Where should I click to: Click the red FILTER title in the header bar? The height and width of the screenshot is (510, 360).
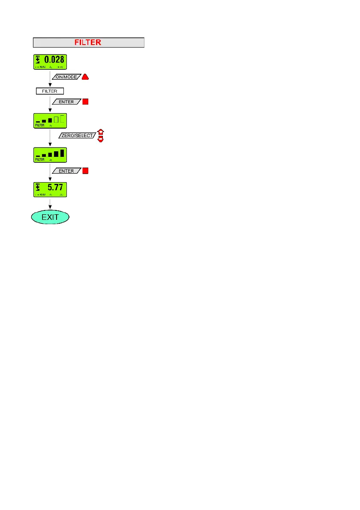coord(88,42)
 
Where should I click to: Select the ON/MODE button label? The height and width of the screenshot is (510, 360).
coord(66,78)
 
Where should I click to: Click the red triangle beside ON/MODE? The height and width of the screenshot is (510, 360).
coord(85,77)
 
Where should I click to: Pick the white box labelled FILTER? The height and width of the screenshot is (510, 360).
coord(50,91)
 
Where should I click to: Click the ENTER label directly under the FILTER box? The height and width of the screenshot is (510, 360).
coord(66,102)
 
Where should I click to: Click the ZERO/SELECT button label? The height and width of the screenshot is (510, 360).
coord(77,135)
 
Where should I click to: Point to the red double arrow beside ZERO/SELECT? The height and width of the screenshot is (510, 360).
coord(101,135)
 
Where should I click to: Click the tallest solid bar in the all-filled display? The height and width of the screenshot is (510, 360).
coord(62,153)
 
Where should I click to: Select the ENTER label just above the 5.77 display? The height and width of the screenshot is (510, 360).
coord(66,171)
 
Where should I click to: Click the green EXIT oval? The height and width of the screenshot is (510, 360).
coord(50,217)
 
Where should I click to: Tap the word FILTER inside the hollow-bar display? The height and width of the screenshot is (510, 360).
coord(40,126)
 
